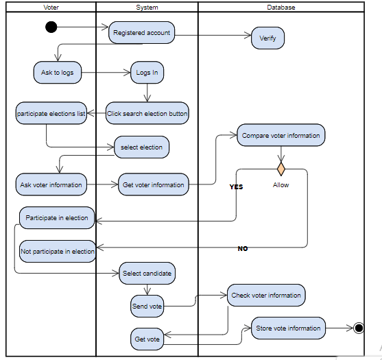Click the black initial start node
[x=51, y=27]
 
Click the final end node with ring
[x=358, y=328]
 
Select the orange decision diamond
[x=280, y=169]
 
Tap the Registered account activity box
[x=141, y=32]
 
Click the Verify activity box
[x=267, y=38]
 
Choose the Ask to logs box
[x=57, y=72]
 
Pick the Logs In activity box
[x=147, y=73]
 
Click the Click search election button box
[x=147, y=114]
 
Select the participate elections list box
[x=51, y=114]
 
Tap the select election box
[x=142, y=147]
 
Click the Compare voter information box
[x=280, y=136]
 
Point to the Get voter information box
[x=153, y=184]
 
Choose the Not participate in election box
[x=58, y=251]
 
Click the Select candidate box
[x=147, y=273]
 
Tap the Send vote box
[x=147, y=307]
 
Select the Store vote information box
[x=288, y=328]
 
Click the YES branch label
[x=236, y=187]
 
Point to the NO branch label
[x=243, y=248]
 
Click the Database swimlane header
[x=280, y=8]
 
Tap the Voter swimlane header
[x=51, y=8]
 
